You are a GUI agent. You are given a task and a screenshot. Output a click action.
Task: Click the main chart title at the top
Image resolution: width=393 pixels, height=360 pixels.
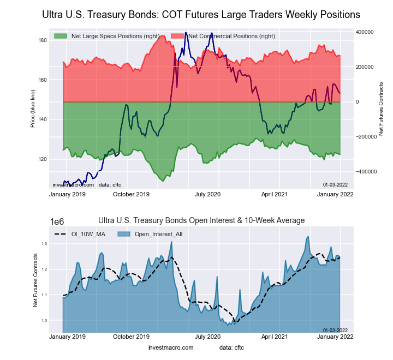[201, 14]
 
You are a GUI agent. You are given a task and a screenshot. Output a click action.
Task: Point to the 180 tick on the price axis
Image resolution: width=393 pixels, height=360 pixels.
[42, 40]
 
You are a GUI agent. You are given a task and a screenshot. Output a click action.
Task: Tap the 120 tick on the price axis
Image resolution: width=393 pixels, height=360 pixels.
[42, 159]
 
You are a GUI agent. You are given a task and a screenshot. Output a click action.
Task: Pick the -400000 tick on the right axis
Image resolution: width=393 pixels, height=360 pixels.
[365, 171]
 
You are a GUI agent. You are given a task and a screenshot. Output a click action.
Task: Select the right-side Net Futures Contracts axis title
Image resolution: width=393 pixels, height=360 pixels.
[382, 109]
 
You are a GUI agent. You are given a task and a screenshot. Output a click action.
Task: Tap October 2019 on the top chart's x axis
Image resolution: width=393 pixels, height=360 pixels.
[131, 194]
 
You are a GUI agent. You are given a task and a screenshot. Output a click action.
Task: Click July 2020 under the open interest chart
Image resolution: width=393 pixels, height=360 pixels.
[208, 337]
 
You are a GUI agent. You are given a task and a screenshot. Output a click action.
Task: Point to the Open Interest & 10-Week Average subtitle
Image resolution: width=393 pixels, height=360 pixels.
[201, 220]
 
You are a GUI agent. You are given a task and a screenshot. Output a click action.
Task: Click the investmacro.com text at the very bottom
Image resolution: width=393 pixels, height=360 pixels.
[171, 347]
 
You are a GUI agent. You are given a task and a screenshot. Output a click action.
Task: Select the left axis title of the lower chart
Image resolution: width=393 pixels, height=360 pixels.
[35, 280]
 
